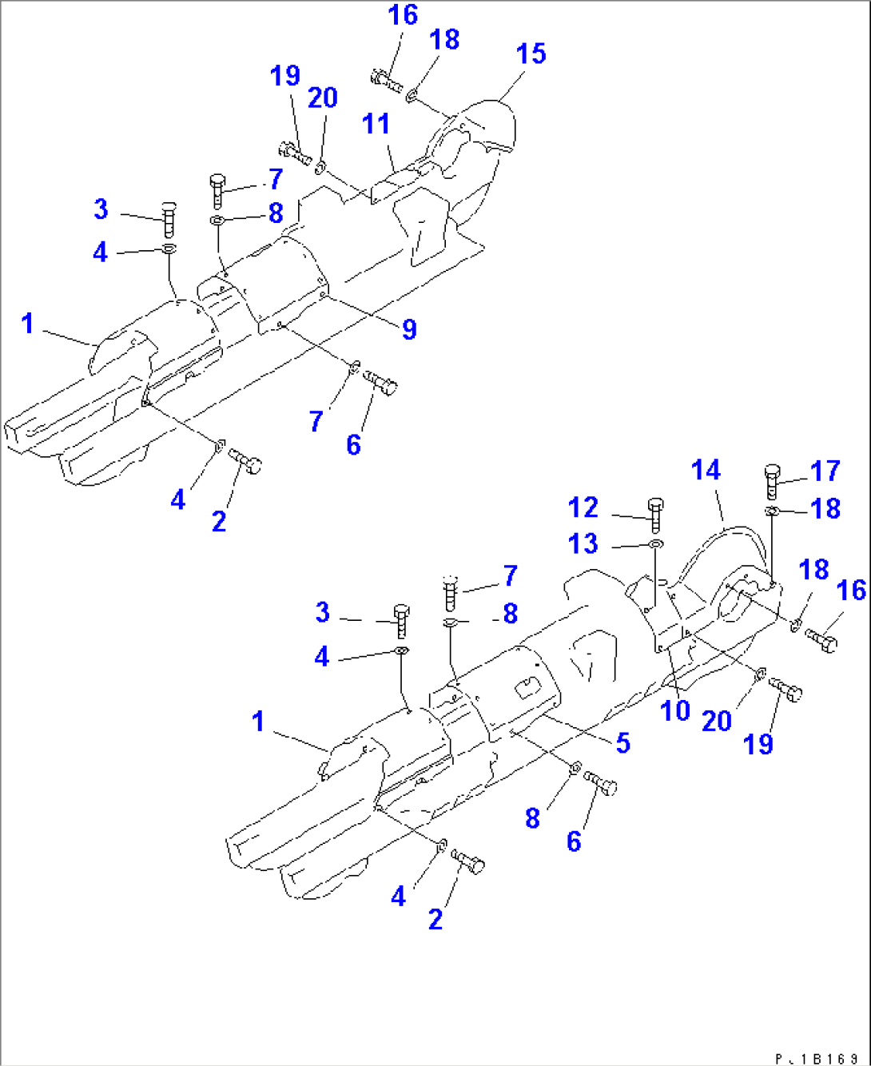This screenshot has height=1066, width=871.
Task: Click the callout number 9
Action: pos(409,328)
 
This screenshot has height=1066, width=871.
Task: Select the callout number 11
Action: pos(376,124)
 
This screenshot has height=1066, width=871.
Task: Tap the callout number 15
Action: pos(531,54)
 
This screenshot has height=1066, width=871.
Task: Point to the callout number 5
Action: pos(622,742)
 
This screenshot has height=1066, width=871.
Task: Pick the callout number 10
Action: pos(675,710)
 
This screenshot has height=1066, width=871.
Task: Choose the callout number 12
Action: pos(583,507)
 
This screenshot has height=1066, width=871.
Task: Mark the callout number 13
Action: pos(583,544)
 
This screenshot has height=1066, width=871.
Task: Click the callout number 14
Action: pos(706,470)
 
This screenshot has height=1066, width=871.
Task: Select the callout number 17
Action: pos(825,471)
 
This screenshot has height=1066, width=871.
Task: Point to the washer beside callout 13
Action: pos(655,545)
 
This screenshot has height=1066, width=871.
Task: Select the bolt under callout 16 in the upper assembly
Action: pos(387,79)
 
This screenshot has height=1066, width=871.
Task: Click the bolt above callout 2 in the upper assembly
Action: pos(246,462)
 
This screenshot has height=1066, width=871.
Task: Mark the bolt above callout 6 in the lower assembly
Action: pos(601,783)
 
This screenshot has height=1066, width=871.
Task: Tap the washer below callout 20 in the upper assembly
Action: pos(320,167)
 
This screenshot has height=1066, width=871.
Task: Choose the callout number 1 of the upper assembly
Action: pos(27,324)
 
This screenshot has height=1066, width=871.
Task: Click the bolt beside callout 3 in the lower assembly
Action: pos(402,622)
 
